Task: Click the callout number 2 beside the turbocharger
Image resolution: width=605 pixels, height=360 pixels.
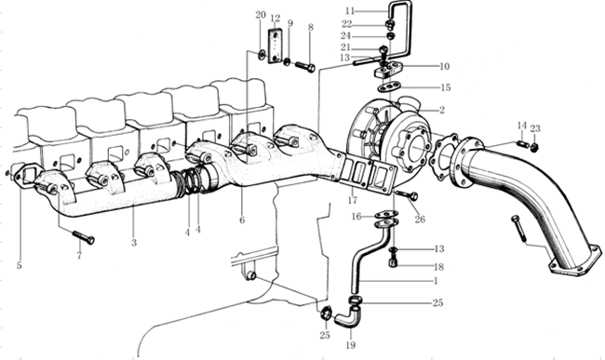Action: click(x=442, y=111)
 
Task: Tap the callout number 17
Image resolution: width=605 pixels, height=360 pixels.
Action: click(x=353, y=200)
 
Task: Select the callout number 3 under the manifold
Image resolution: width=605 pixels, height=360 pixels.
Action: click(x=134, y=243)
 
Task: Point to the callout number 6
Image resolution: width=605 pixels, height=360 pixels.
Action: click(x=242, y=220)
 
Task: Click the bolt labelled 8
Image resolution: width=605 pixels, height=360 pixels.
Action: click(x=304, y=67)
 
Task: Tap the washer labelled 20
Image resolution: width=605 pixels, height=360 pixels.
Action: click(x=262, y=55)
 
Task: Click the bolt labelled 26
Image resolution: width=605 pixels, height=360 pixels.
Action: click(x=407, y=194)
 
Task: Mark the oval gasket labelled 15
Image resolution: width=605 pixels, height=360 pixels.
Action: click(x=388, y=87)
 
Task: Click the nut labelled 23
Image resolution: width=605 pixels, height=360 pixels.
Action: click(x=534, y=146)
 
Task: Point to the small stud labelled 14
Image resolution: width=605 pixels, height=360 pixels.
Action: click(x=522, y=144)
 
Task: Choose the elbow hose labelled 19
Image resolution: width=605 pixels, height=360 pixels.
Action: click(x=346, y=315)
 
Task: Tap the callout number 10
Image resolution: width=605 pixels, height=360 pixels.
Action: click(x=445, y=66)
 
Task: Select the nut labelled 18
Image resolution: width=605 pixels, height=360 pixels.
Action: click(x=393, y=263)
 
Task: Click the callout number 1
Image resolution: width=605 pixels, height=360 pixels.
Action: click(x=436, y=281)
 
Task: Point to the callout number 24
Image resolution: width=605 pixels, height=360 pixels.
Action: click(x=345, y=36)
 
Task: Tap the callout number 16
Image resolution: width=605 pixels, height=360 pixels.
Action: click(x=356, y=216)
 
